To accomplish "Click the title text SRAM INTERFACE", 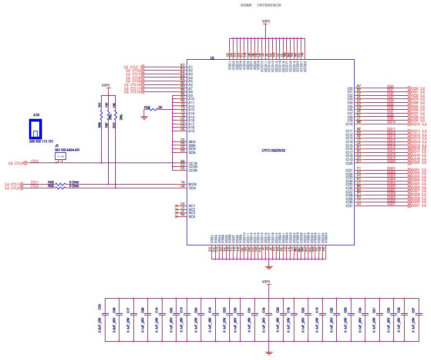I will point(260,5).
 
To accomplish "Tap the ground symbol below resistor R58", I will point(144,117).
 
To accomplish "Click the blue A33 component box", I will point(36,128).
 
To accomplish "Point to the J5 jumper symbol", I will point(60,156).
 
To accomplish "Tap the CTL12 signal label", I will point(133,92).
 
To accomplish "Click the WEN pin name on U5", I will point(192,184).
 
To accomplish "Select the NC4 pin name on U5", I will point(192,217).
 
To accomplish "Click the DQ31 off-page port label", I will point(415,206).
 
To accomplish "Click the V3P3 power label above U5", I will point(265,22).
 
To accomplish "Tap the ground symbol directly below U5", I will point(270,267).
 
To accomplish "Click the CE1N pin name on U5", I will point(192,163).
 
